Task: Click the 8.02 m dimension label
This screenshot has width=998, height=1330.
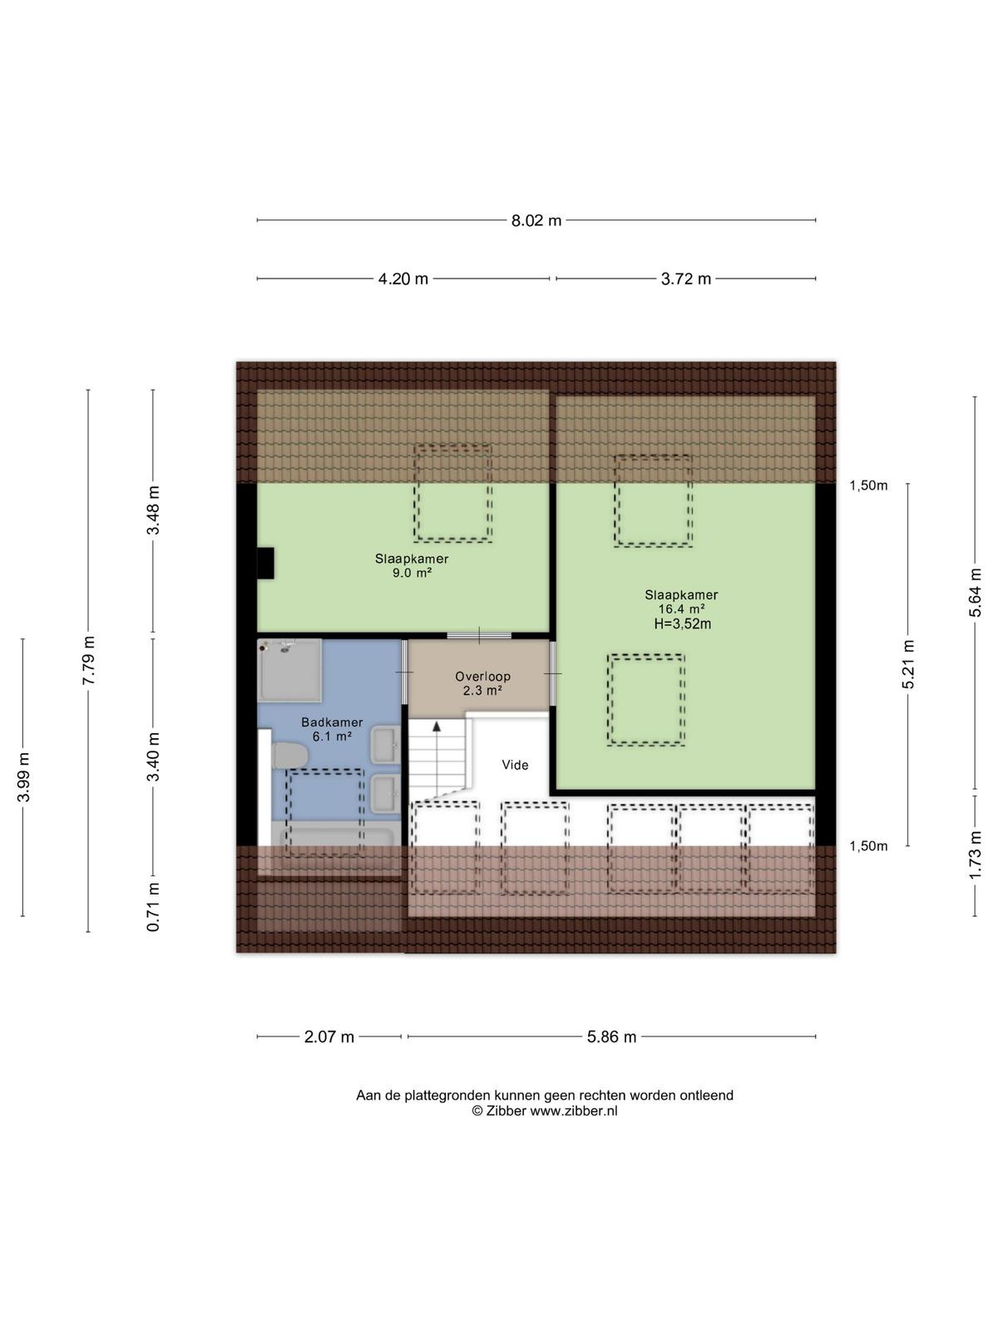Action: (536, 220)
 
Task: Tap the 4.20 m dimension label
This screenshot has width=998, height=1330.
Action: (403, 278)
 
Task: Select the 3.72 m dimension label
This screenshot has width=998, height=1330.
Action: (685, 278)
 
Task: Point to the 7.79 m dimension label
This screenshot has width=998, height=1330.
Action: (88, 661)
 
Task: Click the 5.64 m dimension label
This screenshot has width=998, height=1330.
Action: (975, 593)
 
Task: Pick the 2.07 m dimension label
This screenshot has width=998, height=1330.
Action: (329, 1037)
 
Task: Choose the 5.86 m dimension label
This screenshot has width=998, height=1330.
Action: (611, 1037)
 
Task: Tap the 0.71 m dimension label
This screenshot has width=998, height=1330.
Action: (153, 906)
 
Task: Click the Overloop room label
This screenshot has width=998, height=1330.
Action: (483, 676)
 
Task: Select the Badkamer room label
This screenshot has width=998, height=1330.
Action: (332, 722)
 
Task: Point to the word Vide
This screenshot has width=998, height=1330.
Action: (515, 766)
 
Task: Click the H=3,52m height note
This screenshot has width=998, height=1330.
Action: (682, 623)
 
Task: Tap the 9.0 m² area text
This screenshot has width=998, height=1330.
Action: (412, 573)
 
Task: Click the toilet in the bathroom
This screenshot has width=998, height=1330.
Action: (290, 756)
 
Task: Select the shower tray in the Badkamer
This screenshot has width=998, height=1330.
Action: (289, 670)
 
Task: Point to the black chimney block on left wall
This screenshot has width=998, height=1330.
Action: (265, 563)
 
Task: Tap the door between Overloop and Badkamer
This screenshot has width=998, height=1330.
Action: (404, 672)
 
